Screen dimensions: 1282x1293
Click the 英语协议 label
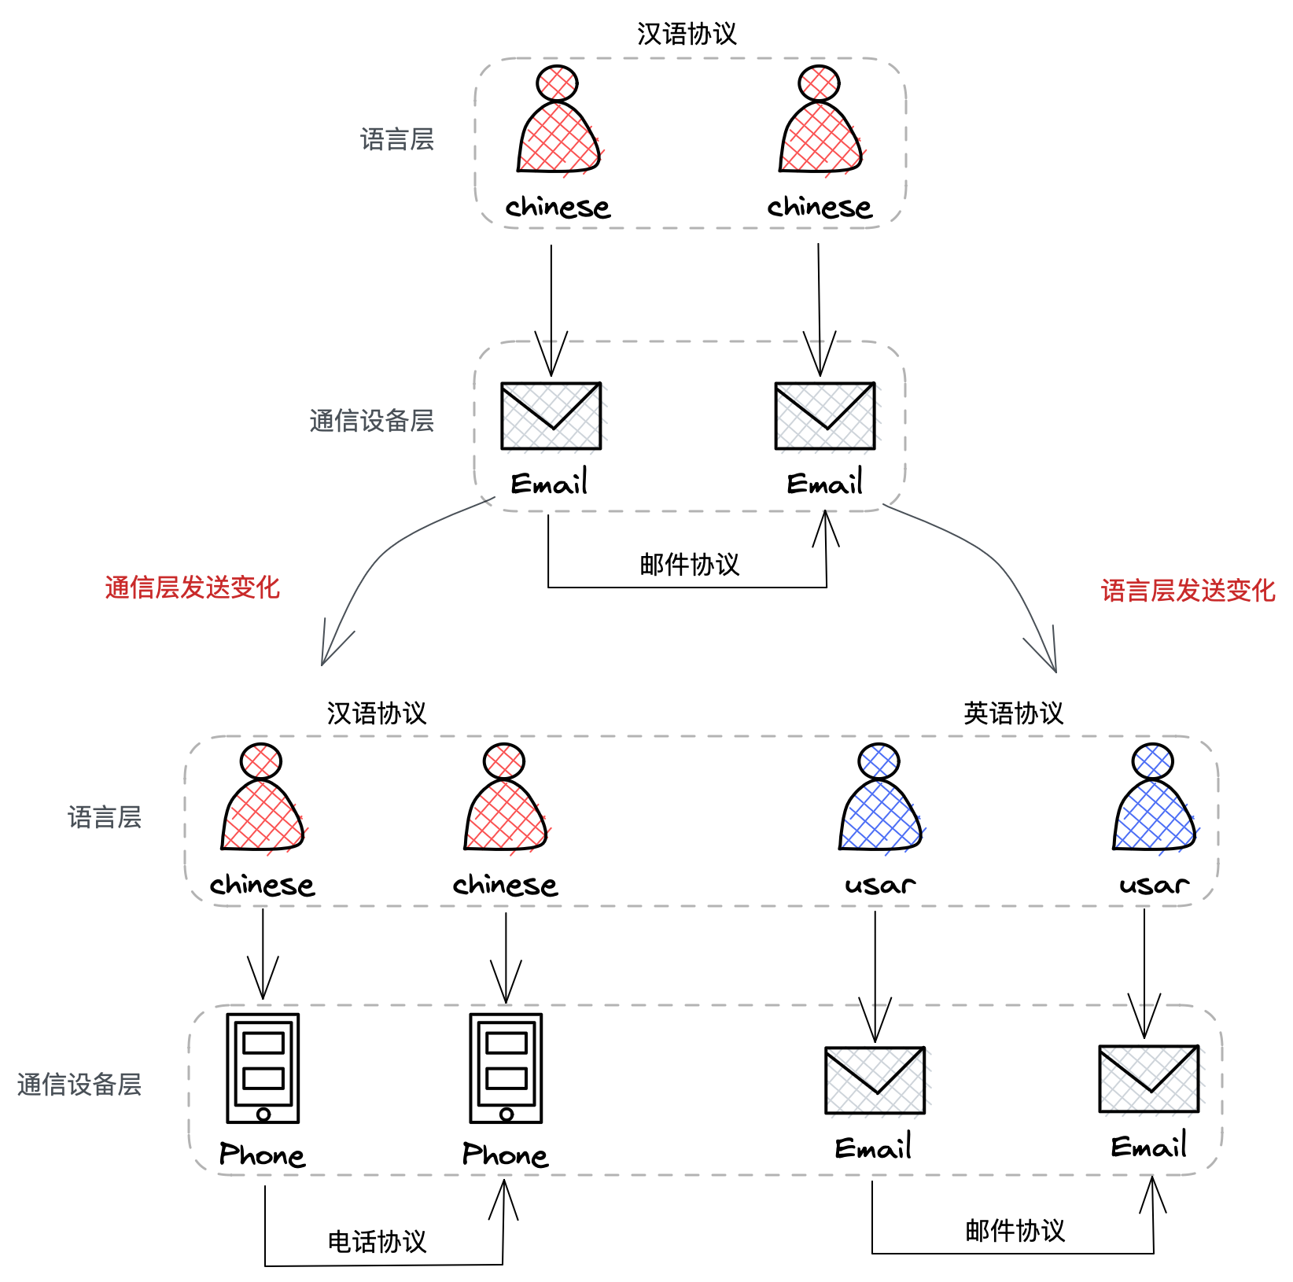click(1013, 713)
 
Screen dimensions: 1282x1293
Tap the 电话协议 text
click(377, 1242)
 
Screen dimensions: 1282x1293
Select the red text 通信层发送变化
click(193, 588)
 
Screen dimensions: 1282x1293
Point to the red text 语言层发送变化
click(1188, 591)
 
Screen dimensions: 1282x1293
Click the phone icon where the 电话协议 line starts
click(263, 1068)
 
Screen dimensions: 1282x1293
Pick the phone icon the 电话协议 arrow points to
click(506, 1068)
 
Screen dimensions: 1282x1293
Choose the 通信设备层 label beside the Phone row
click(79, 1085)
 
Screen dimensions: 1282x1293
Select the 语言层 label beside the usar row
click(105, 817)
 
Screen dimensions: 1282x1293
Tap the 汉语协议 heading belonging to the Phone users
click(377, 713)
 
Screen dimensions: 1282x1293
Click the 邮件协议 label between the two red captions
click(689, 565)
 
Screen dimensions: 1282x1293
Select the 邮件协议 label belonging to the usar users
click(1015, 1231)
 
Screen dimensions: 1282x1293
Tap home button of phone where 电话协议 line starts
click(263, 1114)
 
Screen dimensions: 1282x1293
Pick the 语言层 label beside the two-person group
click(397, 139)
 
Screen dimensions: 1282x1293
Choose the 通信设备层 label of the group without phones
click(371, 421)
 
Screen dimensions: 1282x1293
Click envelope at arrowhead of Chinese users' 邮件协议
click(825, 417)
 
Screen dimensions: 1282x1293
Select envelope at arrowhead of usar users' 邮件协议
click(1149, 1079)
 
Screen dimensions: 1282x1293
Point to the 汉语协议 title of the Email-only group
click(687, 34)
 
